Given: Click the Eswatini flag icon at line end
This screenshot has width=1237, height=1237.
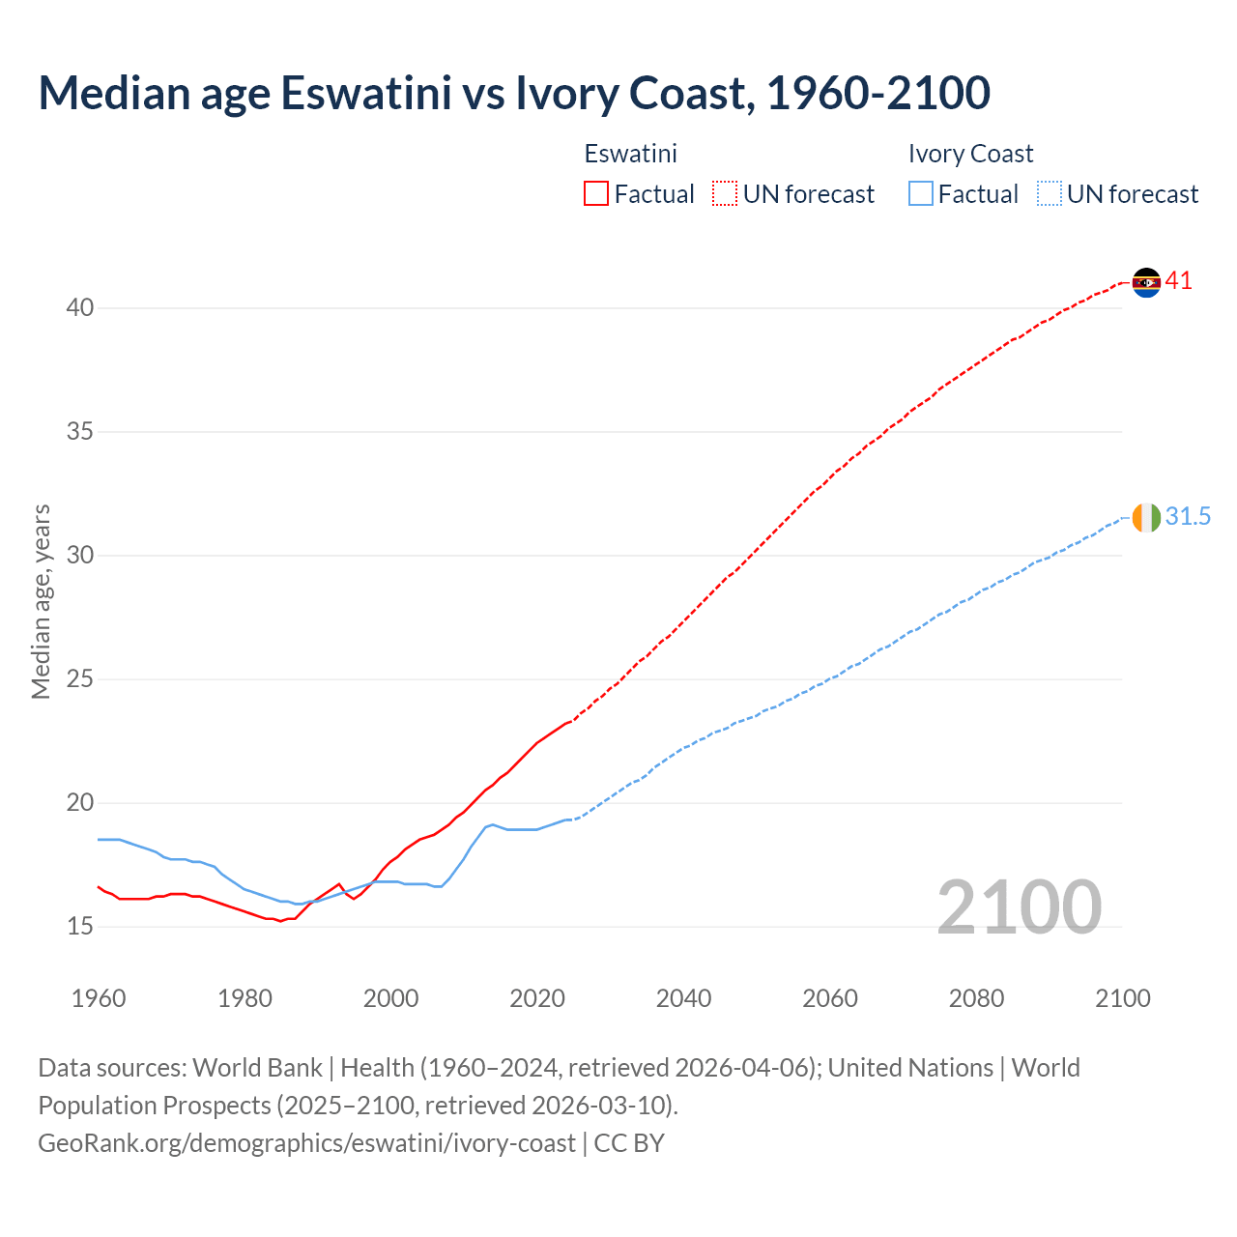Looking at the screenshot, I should pos(1146,282).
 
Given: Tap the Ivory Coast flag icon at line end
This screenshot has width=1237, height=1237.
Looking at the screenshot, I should pos(1146,518).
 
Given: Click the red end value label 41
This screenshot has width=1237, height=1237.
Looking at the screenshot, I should pos(1178,281).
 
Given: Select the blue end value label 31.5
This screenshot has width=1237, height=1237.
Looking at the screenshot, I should pos(1188,517).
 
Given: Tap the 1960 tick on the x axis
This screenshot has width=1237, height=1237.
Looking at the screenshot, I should pos(99,998).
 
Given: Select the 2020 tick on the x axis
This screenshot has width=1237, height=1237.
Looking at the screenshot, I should pos(537,998).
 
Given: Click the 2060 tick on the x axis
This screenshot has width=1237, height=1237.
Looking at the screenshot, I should pos(830,998).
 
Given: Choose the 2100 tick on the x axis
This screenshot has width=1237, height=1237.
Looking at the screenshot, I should pos(1123,998).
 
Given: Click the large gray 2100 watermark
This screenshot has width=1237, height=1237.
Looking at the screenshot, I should pos(1019,906).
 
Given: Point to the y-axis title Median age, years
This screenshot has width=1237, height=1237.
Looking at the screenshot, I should pos(41,601).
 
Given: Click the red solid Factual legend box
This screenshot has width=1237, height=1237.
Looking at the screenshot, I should pos(596,194).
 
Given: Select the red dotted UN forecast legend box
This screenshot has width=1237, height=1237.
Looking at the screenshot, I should pos(725,194).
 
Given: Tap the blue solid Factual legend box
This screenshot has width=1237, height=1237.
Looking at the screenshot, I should pos(921,194).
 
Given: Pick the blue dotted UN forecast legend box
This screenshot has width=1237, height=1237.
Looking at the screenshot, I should pos(1049,194).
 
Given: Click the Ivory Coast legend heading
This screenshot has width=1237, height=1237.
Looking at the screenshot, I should pos(970,154).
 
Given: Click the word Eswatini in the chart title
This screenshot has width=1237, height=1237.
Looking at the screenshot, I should pos(365,93).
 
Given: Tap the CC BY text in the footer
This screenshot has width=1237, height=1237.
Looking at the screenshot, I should pos(629,1143).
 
